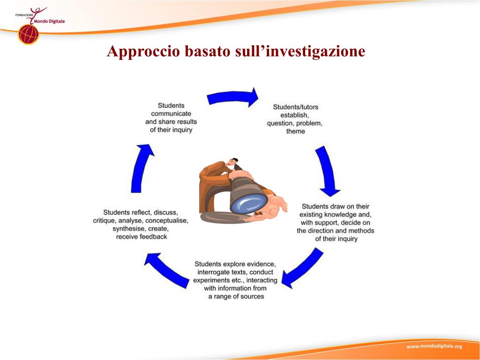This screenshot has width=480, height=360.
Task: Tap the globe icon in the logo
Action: pos(28,34)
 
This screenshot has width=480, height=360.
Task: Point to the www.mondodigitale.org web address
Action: pos(434,346)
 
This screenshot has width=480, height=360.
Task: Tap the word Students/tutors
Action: pos(295,107)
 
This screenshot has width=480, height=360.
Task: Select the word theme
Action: pos(295,131)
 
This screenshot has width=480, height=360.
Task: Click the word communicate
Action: pos(171,113)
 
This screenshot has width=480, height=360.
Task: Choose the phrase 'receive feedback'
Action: pos(142,237)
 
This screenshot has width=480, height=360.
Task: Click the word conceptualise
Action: pos(169,221)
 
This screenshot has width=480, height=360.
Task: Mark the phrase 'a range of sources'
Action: pos(236,296)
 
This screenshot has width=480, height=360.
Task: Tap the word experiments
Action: pos(211,280)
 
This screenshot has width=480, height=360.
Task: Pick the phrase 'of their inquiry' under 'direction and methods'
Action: pos(336,239)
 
